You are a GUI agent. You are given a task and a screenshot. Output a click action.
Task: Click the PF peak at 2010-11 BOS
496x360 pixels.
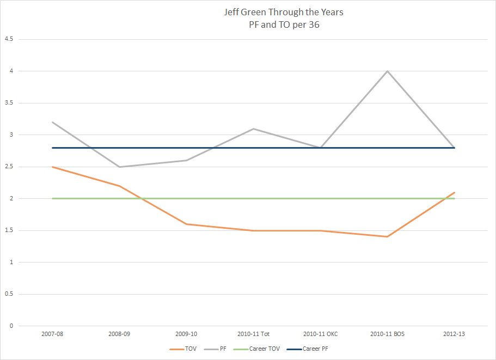tap(387, 71)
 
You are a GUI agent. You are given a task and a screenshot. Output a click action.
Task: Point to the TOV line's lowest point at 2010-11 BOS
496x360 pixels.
tap(387, 236)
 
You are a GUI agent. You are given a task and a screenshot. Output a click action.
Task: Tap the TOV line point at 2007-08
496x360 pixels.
tap(52, 167)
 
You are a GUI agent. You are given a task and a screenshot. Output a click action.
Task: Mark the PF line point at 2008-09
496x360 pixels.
tap(119, 167)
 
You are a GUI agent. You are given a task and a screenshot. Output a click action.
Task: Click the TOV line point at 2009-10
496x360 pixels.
tap(186, 224)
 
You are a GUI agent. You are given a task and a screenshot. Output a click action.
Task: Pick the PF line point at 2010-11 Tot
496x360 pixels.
tap(253, 129)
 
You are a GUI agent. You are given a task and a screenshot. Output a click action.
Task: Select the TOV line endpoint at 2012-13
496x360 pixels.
tap(454, 192)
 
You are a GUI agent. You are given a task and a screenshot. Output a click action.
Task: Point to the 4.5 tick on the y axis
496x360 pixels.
tap(9, 39)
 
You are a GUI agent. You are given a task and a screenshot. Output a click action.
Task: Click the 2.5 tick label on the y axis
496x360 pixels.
tap(9, 167)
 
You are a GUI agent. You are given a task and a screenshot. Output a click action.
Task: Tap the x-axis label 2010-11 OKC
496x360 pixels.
tap(320, 334)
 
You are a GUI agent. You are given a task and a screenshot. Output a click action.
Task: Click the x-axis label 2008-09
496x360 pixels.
tap(119, 334)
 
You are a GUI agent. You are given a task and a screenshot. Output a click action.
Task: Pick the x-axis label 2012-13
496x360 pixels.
tap(454, 334)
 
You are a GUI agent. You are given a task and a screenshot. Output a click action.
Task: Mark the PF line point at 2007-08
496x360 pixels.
tap(52, 122)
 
